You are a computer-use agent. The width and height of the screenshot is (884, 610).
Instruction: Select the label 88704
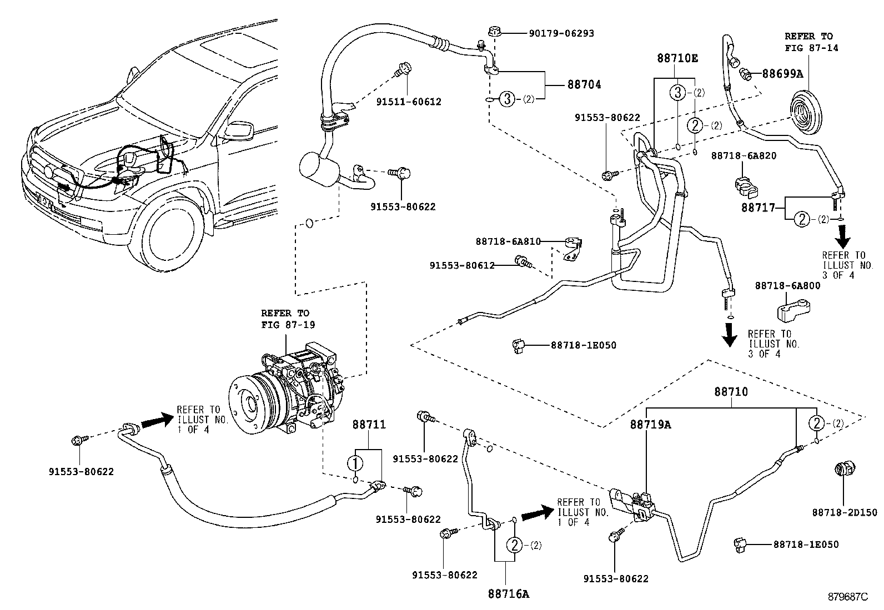pyautogui.click(x=584, y=85)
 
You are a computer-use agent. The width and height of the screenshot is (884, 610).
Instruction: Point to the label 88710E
pyautogui.click(x=677, y=58)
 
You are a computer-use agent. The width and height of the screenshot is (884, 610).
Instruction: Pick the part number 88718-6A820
pyautogui.click(x=743, y=156)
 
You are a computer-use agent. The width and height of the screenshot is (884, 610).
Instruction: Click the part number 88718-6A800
pyautogui.click(x=787, y=285)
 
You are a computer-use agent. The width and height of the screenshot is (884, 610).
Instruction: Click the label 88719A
pyautogui.click(x=650, y=425)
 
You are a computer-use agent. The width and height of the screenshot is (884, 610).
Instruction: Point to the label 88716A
pyautogui.click(x=508, y=594)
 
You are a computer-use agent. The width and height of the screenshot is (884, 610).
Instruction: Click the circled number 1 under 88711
pyautogui.click(x=355, y=462)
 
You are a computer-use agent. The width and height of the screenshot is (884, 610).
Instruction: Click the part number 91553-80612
pyautogui.click(x=461, y=266)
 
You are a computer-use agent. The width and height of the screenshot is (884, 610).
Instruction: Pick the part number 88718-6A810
pyautogui.click(x=508, y=241)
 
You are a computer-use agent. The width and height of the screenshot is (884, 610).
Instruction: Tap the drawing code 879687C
pyautogui.click(x=846, y=597)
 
